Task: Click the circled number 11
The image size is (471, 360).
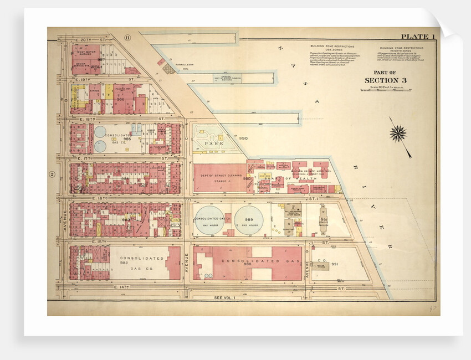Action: (127, 37)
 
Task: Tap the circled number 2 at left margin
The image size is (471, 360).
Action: (52, 174)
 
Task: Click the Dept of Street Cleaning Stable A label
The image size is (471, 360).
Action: (219, 178)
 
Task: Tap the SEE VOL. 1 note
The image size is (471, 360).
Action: (225, 298)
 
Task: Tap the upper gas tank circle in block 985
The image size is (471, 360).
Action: (100, 132)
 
